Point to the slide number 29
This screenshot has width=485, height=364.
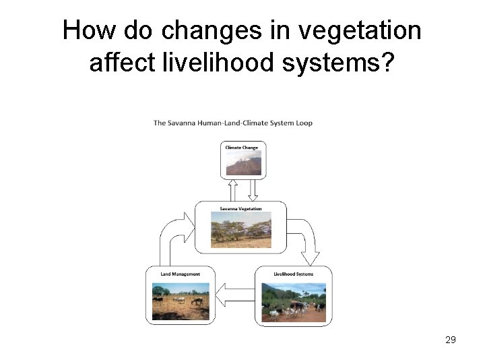[451, 340]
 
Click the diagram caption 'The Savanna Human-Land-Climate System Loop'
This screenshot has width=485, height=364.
[232, 123]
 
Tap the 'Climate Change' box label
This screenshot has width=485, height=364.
[241, 148]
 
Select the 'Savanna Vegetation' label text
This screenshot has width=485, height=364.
[240, 208]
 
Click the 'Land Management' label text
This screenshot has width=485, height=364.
[180, 274]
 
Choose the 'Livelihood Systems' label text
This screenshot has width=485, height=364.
[293, 274]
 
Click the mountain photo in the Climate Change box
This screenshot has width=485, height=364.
[243, 164]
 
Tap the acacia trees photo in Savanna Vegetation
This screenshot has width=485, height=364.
[240, 230]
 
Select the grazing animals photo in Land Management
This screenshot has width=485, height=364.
[181, 301]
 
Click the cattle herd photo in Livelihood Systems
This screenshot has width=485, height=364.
[293, 302]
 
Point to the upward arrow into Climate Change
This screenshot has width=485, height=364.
[233, 190]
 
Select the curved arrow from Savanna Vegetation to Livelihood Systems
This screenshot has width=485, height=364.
[306, 239]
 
